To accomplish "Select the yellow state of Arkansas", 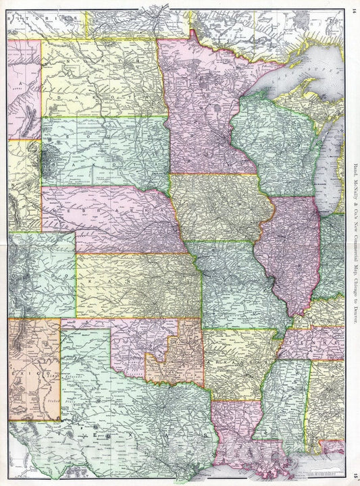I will pyautogui.click(x=236, y=364).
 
